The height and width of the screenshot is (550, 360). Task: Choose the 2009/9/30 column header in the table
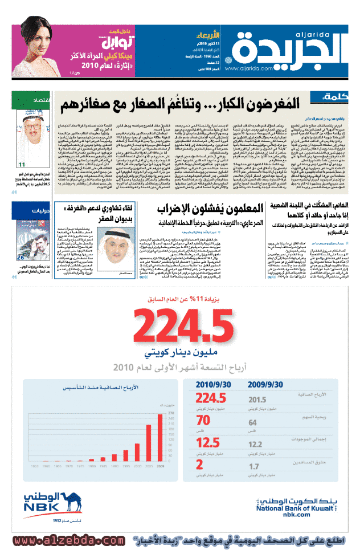269,385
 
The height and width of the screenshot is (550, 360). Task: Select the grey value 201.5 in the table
257,400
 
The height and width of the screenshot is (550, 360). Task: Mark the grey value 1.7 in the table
253,466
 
